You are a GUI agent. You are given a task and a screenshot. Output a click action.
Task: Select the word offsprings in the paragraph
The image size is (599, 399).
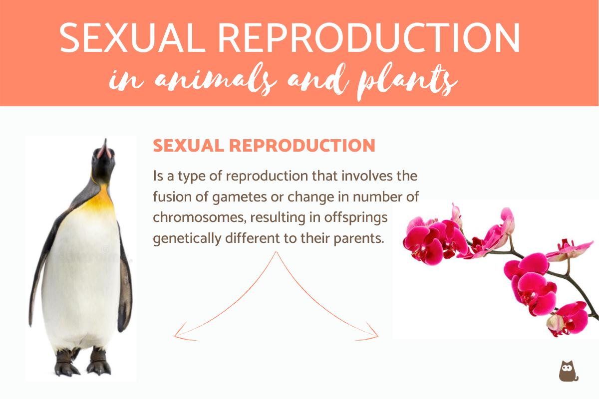359,217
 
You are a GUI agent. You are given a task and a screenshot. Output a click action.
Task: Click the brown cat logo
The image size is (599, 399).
568,370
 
